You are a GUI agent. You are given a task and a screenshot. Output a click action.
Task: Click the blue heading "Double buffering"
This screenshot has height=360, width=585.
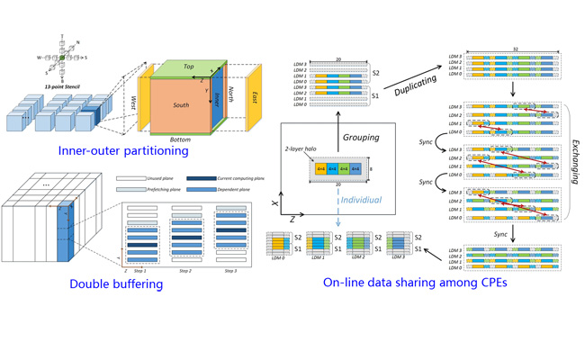coord(116,284)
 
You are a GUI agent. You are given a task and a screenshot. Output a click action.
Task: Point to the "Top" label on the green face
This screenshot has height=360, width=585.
coord(188,67)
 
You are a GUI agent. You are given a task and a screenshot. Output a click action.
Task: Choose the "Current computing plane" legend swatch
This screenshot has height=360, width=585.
coord(201,179)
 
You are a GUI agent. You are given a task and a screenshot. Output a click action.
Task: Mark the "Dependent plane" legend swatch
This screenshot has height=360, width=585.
coord(201,190)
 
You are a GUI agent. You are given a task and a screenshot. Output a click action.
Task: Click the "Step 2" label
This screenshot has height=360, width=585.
coord(185,270)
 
